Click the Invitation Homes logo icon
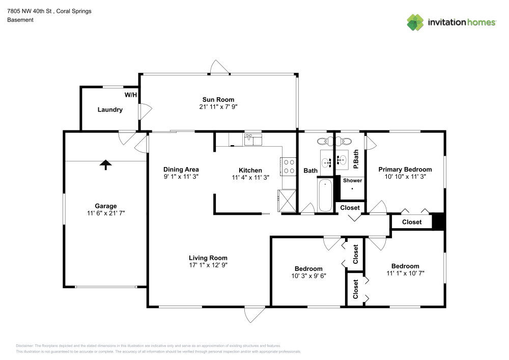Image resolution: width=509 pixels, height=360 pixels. pyautogui.click(x=415, y=22)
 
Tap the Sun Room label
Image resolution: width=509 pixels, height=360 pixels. pyautogui.click(x=218, y=100)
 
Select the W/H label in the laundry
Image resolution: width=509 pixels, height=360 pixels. pyautogui.click(x=130, y=95)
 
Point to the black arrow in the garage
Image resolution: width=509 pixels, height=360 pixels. pyautogui.click(x=105, y=164)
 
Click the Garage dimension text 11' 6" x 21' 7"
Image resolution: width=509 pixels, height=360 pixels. pyautogui.click(x=106, y=214)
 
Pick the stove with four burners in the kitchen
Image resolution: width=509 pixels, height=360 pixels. pyautogui.click(x=289, y=166)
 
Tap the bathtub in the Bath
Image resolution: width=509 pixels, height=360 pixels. pyautogui.click(x=325, y=194)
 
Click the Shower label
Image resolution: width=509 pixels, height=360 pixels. pyautogui.click(x=352, y=181)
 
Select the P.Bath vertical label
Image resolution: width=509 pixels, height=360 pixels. pyautogui.click(x=356, y=159)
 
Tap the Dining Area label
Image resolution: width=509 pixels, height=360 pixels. pyautogui.click(x=181, y=170)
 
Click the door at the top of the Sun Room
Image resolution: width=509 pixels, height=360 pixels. pyautogui.click(x=220, y=68)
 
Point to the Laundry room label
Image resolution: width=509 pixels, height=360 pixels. pyautogui.click(x=110, y=109)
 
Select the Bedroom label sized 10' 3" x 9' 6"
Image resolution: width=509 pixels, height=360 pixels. pyautogui.click(x=308, y=269)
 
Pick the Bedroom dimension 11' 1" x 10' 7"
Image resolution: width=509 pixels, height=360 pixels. pyautogui.click(x=405, y=273)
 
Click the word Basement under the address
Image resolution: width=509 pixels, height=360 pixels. pyautogui.click(x=20, y=20)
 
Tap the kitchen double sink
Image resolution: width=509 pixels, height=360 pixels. pyautogui.click(x=252, y=140)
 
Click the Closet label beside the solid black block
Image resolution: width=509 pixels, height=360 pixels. pyautogui.click(x=412, y=222)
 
